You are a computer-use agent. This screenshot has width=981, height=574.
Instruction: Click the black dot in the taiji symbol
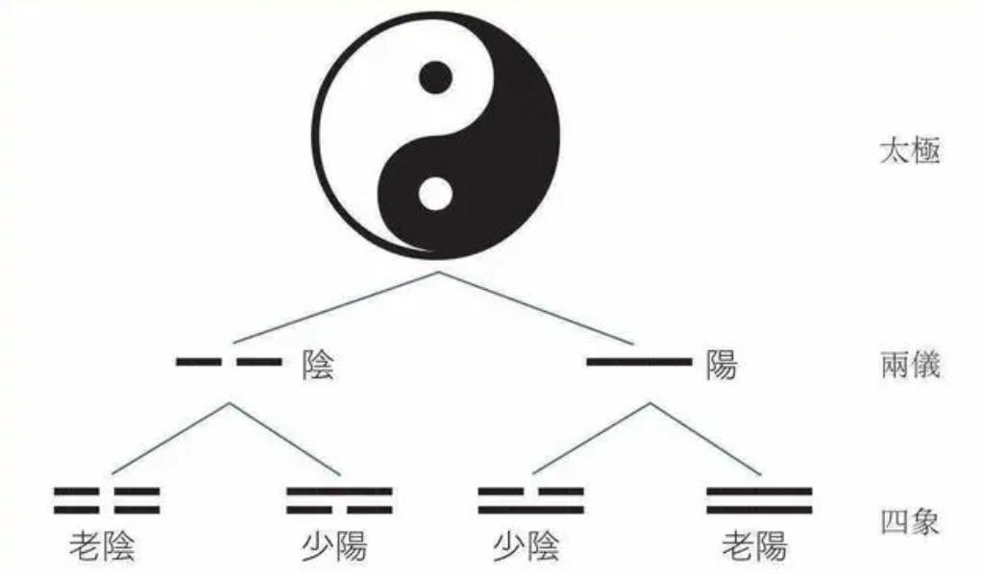coord(435,78)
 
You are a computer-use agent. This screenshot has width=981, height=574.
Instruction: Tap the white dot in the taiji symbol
coord(435,194)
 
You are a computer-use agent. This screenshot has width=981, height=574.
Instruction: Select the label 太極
coord(910,152)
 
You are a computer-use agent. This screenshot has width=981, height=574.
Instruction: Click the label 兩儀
coord(910,364)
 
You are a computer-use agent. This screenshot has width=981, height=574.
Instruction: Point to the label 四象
coord(910,522)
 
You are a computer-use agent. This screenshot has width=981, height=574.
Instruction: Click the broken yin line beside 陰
coord(229,362)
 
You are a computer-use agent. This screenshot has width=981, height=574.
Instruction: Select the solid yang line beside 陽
coord(639,362)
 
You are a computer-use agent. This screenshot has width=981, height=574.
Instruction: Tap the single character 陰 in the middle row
coord(318,365)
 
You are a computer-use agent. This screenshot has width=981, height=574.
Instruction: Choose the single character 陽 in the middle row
coord(722,365)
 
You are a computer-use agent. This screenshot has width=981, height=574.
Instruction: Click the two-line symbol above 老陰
coord(107,501)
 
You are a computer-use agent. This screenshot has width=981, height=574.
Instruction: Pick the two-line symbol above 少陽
coord(340,501)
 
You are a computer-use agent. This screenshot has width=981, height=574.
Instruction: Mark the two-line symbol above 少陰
coord(531,501)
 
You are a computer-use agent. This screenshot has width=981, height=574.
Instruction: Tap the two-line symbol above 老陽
coord(759,501)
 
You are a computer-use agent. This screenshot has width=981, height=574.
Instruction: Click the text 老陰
coord(102,546)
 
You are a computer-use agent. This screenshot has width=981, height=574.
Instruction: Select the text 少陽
coord(334,546)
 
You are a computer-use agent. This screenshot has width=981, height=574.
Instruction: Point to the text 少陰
coord(527,546)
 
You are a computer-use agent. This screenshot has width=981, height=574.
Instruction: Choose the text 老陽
coord(754,546)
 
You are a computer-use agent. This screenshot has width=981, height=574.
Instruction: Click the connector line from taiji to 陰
coord(335,307)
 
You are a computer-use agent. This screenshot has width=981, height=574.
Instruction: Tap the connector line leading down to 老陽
coord(705,439)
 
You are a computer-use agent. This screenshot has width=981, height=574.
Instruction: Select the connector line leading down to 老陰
coord(170,439)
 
